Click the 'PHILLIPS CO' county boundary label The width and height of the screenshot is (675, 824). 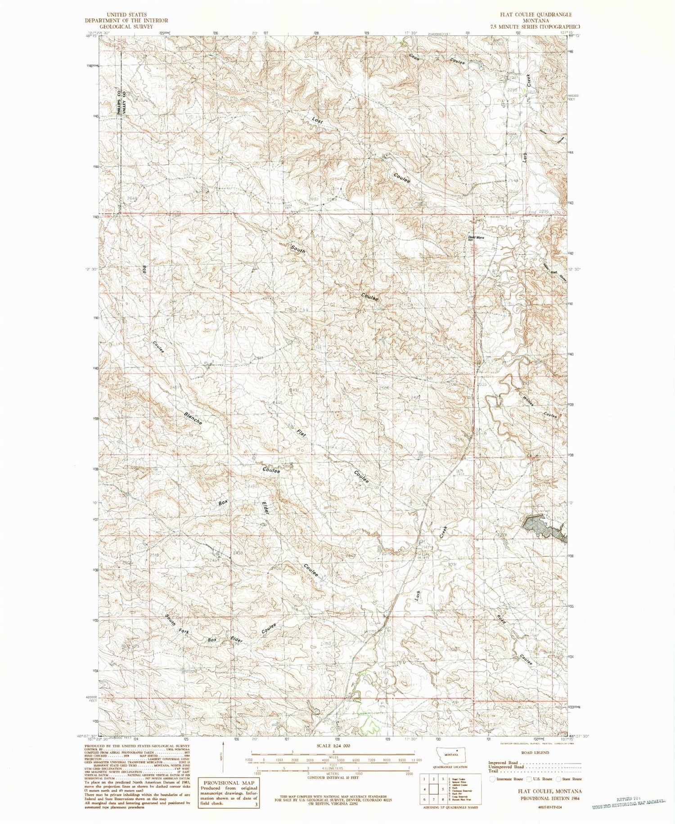click(x=119, y=103)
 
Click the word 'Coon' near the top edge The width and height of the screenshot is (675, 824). click(x=414, y=58)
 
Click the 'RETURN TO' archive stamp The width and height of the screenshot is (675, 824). click(x=630, y=799)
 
